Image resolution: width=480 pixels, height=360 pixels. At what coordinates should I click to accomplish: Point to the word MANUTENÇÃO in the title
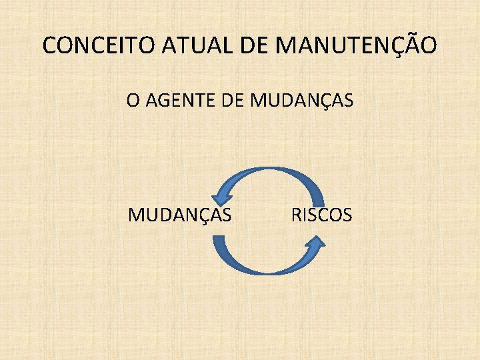[x=356, y=45]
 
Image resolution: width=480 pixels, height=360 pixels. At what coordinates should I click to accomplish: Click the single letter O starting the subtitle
[x=133, y=101]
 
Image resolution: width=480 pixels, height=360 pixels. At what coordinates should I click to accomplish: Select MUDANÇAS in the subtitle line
[x=301, y=101]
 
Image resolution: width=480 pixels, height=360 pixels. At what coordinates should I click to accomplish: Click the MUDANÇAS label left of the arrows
[x=180, y=215]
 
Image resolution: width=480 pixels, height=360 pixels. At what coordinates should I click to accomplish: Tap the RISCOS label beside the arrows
[x=321, y=215]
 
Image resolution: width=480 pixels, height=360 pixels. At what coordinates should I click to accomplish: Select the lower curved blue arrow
[x=267, y=267]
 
